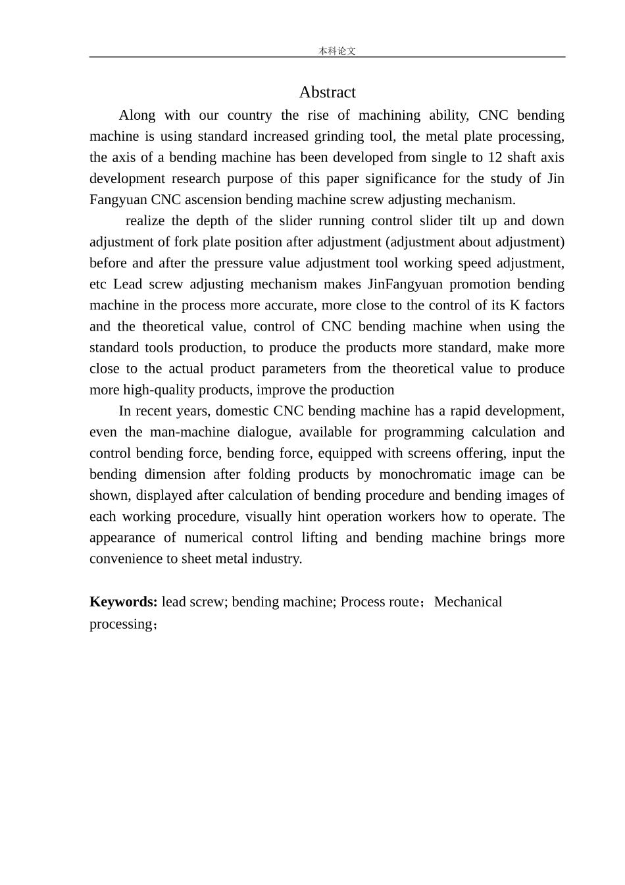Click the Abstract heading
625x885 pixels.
(x=327, y=92)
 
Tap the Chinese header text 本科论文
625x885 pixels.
(x=337, y=51)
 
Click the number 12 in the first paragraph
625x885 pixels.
(x=495, y=157)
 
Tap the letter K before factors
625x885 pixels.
(x=515, y=305)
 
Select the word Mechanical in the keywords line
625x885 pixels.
(x=468, y=602)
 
